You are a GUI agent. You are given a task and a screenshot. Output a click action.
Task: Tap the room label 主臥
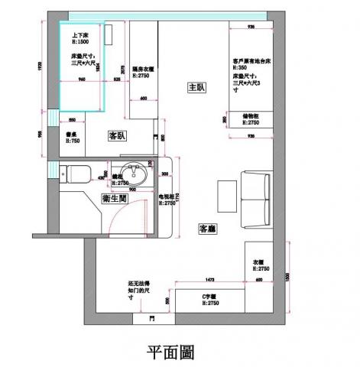point(196,88)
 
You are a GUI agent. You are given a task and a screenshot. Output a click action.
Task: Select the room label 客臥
point(118,135)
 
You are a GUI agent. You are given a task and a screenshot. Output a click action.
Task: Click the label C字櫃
point(211,296)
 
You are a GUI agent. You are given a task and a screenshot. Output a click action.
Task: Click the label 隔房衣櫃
point(143,69)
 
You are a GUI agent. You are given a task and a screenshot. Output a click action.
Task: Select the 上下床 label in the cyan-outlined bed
point(80,36)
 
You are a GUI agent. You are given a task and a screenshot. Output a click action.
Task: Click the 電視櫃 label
point(167,196)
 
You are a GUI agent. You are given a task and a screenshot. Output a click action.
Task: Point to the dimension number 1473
point(208,280)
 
